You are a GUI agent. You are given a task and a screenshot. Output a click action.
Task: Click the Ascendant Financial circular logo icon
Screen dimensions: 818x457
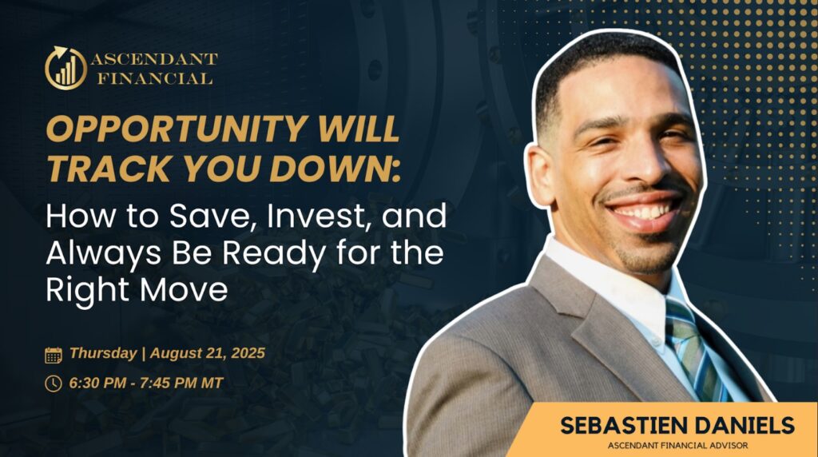click(66, 69)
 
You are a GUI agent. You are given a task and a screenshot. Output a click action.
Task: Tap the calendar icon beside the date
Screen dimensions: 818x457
click(54, 356)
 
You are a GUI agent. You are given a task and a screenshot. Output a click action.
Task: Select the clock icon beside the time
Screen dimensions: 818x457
click(54, 383)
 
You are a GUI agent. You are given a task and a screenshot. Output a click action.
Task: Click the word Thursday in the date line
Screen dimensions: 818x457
click(103, 353)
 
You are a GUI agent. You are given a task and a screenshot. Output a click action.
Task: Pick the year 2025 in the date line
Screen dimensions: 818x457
click(248, 353)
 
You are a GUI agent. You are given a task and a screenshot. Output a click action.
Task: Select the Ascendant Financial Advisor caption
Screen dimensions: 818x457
click(677, 446)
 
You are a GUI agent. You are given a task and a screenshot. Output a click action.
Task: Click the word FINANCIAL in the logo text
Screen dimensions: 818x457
click(155, 79)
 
